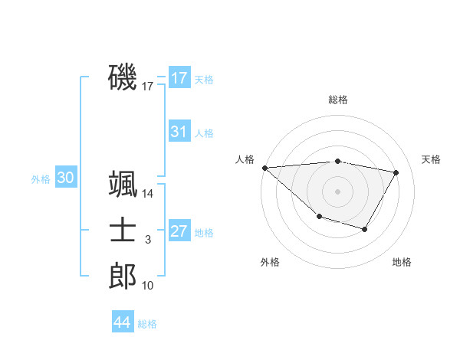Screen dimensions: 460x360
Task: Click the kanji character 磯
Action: pyautogui.click(x=123, y=78)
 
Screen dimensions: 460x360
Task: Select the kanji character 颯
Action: pyautogui.click(x=123, y=186)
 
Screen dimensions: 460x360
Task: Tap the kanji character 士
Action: pyautogui.click(x=123, y=231)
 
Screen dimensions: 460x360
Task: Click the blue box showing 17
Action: pyautogui.click(x=179, y=78)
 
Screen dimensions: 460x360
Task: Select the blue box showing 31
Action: pyautogui.click(x=179, y=132)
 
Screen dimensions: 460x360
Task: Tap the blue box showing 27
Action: pyautogui.click(x=179, y=231)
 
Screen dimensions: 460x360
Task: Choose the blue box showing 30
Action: pyautogui.click(x=66, y=178)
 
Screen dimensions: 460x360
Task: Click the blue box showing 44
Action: pyautogui.click(x=123, y=322)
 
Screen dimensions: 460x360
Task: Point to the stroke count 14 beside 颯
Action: pyautogui.click(x=148, y=195)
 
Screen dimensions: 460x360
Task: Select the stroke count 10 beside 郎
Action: pyautogui.click(x=148, y=286)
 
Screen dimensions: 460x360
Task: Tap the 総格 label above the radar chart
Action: pyautogui.click(x=338, y=100)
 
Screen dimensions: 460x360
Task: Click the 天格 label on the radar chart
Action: pyautogui.click(x=432, y=159)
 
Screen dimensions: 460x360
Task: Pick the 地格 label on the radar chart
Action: pyautogui.click(x=402, y=262)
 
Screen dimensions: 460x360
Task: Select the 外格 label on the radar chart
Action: pyautogui.click(x=270, y=262)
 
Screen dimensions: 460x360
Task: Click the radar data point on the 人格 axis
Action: pyautogui.click(x=264, y=168)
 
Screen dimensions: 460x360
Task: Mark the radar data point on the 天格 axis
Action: pyautogui.click(x=396, y=172)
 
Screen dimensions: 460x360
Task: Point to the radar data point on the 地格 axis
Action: pyautogui.click(x=365, y=229)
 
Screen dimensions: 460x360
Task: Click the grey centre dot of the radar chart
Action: pyautogui.click(x=338, y=191)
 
